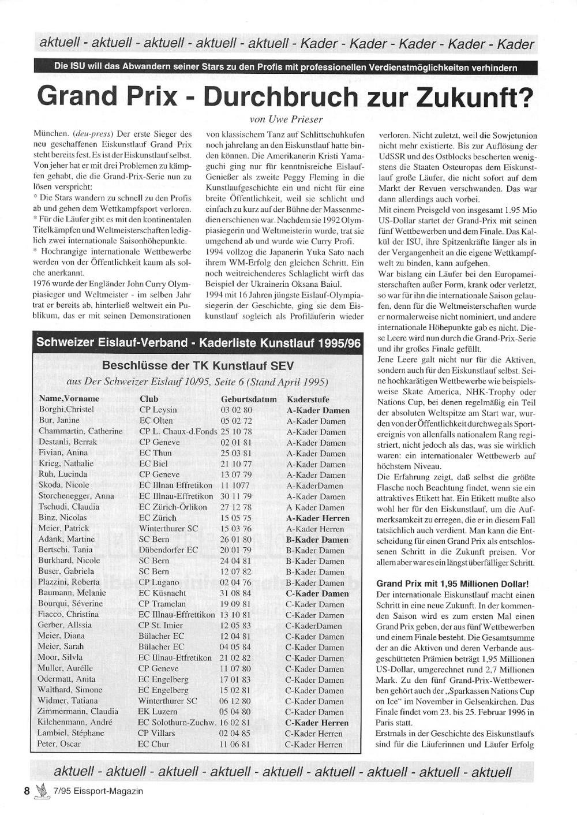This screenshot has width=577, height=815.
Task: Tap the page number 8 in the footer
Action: click(x=27, y=791)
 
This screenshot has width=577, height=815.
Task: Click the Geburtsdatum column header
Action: click(x=249, y=399)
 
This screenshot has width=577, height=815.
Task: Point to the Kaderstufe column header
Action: click(x=308, y=399)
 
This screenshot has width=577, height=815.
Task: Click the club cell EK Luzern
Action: click(x=158, y=712)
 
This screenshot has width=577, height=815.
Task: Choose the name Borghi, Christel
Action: click(x=66, y=410)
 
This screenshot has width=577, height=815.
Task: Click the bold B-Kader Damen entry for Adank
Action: click(x=317, y=540)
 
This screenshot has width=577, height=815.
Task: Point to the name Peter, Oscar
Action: click(x=59, y=744)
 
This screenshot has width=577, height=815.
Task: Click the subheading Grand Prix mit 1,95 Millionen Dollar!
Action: click(x=452, y=584)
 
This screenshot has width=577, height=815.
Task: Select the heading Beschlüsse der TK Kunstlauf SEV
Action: click(x=197, y=365)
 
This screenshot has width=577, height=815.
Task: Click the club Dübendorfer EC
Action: click(x=168, y=550)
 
